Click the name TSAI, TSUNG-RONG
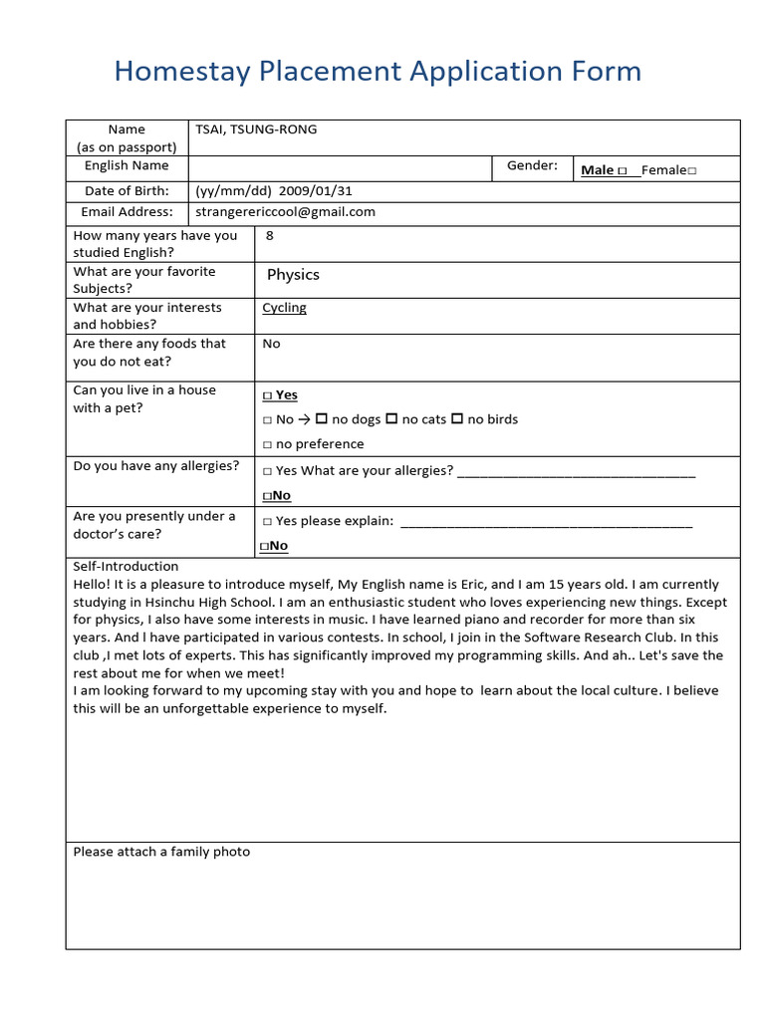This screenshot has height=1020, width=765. pyautogui.click(x=256, y=129)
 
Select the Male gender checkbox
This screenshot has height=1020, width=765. pyautogui.click(x=623, y=171)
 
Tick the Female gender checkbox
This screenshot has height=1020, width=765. pyautogui.click(x=691, y=171)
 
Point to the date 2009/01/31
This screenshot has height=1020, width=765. pyautogui.click(x=316, y=190)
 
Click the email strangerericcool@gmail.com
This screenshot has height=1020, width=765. pyautogui.click(x=286, y=211)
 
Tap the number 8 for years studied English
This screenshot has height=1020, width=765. pyautogui.click(x=270, y=236)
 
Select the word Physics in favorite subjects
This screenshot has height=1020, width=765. pyautogui.click(x=293, y=275)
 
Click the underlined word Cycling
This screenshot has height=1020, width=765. pyautogui.click(x=284, y=308)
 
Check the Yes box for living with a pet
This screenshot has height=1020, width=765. pyautogui.click(x=267, y=395)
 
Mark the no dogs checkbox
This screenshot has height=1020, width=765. pyautogui.click(x=322, y=419)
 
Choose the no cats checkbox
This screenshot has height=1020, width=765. pyautogui.click(x=391, y=419)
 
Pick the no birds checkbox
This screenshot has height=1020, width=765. pyautogui.click(x=457, y=419)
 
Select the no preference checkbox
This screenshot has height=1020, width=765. pyautogui.click(x=267, y=444)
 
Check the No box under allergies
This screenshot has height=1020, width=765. pyautogui.click(x=267, y=496)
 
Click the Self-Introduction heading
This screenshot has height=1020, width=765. pyautogui.click(x=126, y=566)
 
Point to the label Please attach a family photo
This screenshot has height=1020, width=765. pyautogui.click(x=161, y=852)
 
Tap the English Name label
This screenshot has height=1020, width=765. pyautogui.click(x=127, y=165)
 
